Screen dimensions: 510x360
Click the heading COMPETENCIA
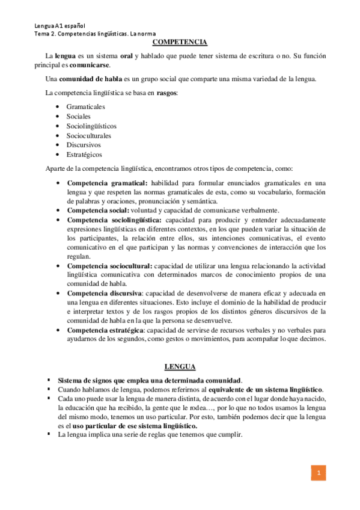click(180, 42)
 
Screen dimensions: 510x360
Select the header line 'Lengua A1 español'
click(59, 26)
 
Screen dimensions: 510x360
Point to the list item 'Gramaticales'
click(86, 106)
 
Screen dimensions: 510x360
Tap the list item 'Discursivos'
click(84, 145)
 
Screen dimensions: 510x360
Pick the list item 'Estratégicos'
click(85, 155)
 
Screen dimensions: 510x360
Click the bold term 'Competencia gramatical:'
click(107, 183)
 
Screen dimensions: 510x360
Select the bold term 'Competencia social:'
click(98, 210)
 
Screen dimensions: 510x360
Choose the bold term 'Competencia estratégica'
click(105, 330)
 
